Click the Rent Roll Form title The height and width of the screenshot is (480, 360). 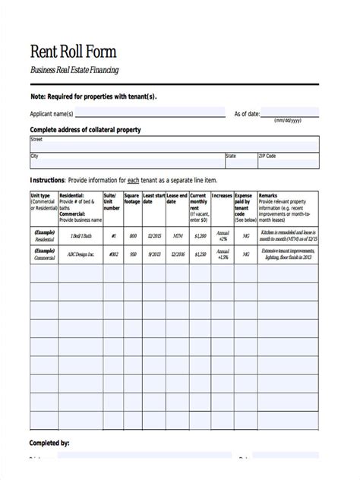[x=72, y=51]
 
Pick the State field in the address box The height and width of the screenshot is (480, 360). [x=240, y=160]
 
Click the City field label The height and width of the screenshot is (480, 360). [x=34, y=156]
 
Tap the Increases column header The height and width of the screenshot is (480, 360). [x=222, y=195]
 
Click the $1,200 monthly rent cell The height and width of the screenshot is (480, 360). [x=200, y=235]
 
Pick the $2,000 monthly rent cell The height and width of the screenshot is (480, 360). [x=200, y=255]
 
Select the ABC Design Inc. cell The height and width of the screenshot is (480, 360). [x=81, y=255]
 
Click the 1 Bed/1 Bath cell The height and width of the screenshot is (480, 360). [x=81, y=235]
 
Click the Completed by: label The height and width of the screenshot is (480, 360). [x=50, y=441]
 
